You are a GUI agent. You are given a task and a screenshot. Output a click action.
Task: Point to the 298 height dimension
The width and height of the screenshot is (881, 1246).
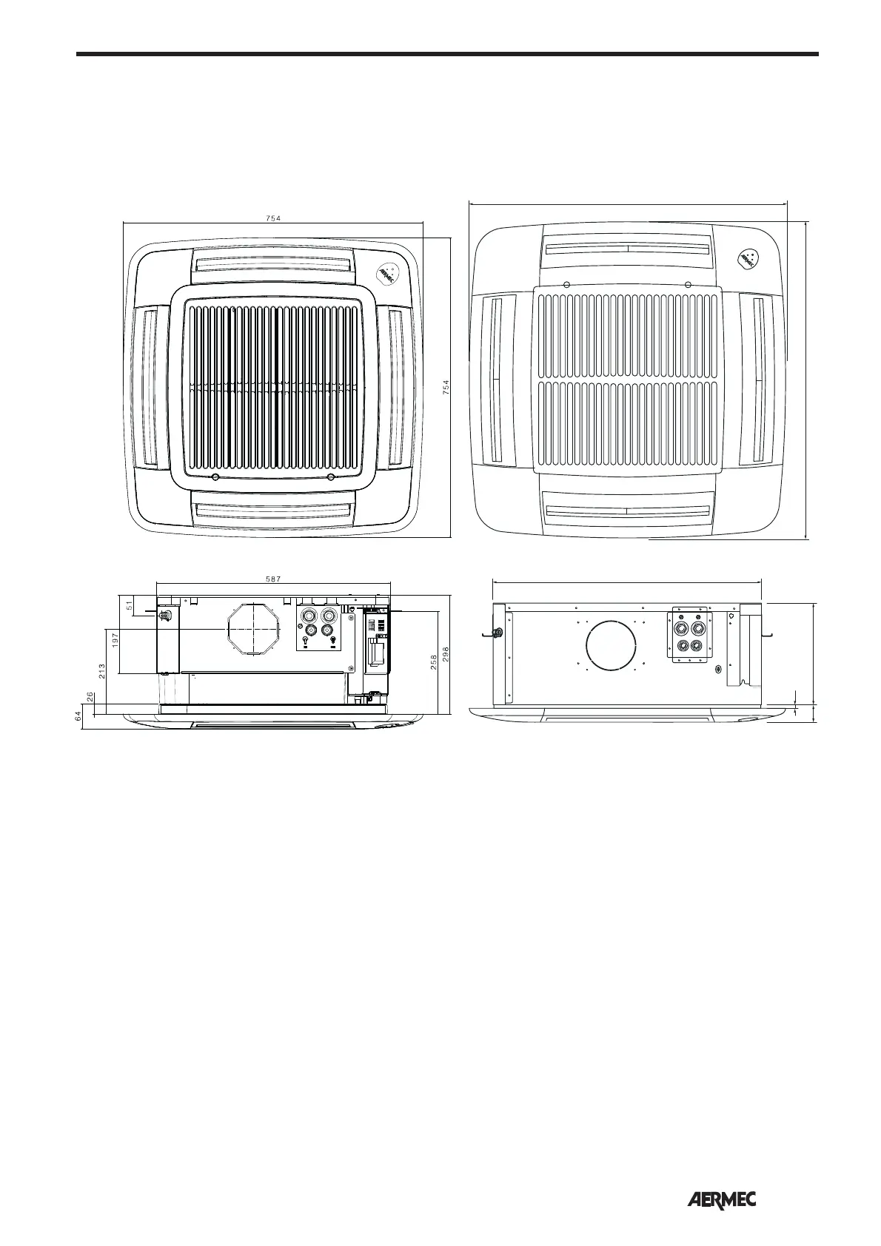[446, 654]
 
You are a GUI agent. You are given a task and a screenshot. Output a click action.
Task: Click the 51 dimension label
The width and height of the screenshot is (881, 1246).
[130, 606]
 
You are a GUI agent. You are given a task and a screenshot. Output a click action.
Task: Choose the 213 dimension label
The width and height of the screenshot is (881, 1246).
[101, 671]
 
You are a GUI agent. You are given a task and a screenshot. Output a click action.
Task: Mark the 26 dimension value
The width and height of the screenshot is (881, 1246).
[90, 697]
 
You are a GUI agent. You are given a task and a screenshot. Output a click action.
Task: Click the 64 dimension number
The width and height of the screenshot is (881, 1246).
[77, 717]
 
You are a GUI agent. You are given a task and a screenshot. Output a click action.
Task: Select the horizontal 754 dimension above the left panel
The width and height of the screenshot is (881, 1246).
[273, 218]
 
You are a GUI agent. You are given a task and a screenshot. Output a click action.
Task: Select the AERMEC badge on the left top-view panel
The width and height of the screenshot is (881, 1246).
[386, 275]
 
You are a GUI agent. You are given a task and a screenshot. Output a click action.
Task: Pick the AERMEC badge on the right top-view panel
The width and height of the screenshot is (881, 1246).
[748, 260]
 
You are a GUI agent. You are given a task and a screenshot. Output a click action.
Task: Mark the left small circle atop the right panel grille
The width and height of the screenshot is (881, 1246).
[566, 285]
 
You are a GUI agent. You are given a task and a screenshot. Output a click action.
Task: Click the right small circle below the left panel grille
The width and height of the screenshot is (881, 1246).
[331, 477]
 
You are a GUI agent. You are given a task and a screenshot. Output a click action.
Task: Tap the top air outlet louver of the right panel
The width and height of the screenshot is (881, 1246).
[626, 247]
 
